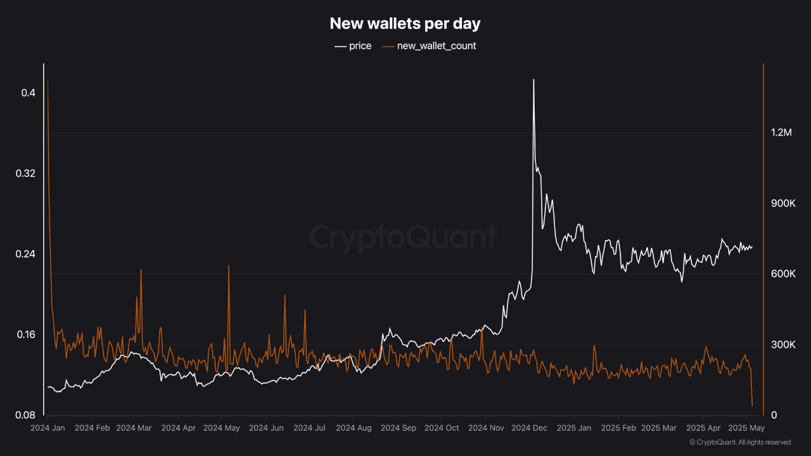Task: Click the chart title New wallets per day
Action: point(405,24)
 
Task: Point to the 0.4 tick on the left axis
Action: point(28,93)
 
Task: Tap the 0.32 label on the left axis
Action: point(25,174)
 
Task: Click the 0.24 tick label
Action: point(25,254)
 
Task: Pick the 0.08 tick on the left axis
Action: point(25,415)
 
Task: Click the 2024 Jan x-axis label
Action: point(48,428)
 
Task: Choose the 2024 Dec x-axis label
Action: point(529,428)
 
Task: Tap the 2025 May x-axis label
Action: point(747,428)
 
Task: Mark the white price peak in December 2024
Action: point(533,80)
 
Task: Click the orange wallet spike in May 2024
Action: point(229,266)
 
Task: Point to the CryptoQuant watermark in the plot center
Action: point(403,237)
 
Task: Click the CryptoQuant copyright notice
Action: point(739,442)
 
